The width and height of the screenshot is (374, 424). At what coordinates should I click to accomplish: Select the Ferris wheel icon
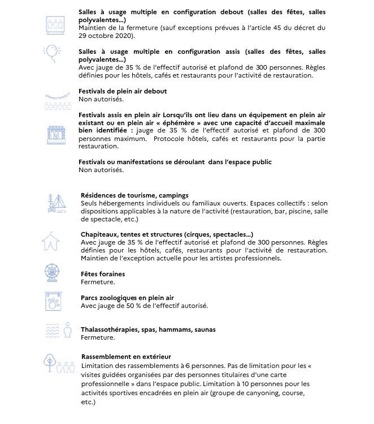click(53, 273)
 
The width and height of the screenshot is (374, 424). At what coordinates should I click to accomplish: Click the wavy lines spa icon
click(53, 330)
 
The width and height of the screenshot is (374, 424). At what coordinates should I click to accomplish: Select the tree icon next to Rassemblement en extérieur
click(49, 361)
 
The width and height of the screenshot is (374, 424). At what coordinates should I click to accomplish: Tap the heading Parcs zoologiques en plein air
click(127, 298)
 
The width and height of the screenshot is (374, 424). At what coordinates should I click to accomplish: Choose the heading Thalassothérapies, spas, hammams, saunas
click(148, 329)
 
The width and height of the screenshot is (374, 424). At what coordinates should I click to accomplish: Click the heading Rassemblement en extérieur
click(126, 357)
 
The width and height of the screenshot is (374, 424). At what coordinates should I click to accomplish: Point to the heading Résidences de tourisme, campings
click(134, 195)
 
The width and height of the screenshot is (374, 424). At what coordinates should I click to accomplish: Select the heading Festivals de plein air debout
click(123, 91)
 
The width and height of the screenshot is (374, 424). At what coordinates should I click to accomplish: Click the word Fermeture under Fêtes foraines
click(98, 282)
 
